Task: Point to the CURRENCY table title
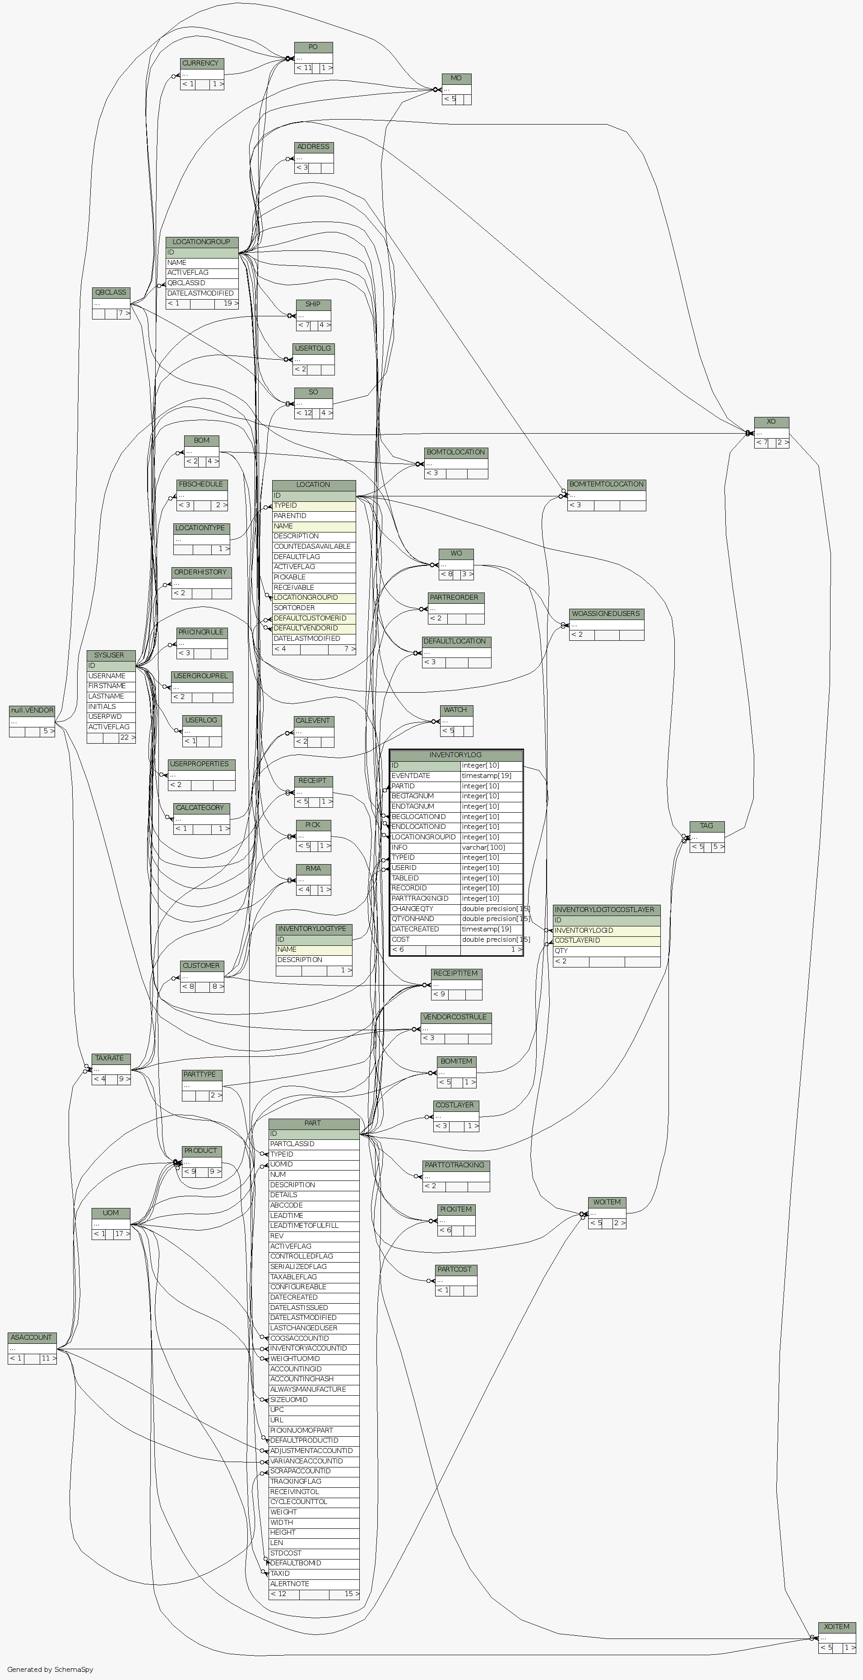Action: [201, 63]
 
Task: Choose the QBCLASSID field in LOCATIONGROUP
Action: [201, 283]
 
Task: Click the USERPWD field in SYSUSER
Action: [110, 717]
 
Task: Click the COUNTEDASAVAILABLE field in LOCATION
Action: [313, 546]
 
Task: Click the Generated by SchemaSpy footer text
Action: [50, 1670]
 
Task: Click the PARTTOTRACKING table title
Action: [455, 1165]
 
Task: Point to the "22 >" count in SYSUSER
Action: [127, 738]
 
